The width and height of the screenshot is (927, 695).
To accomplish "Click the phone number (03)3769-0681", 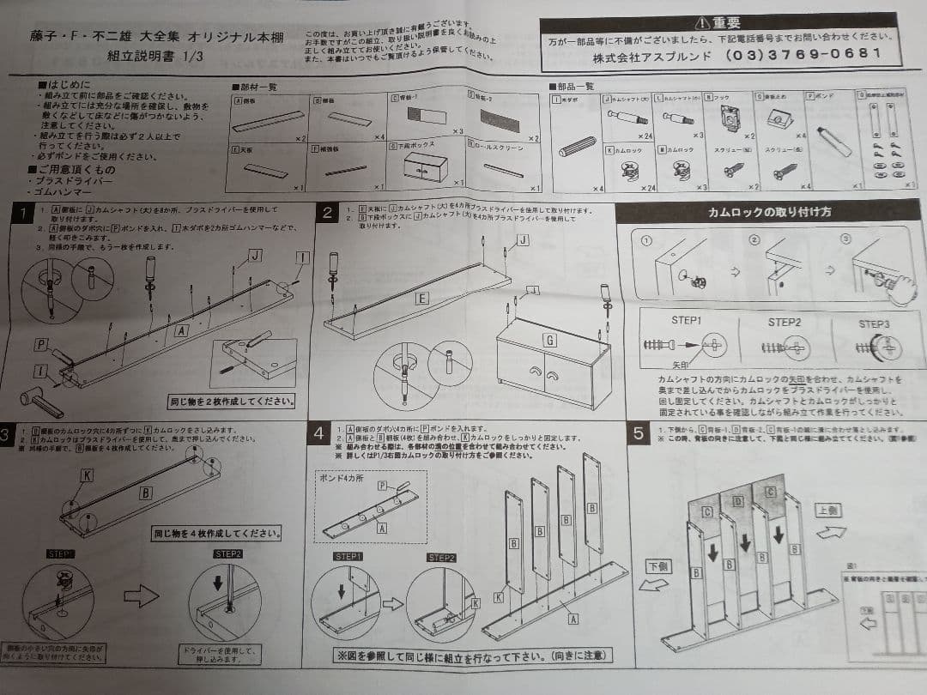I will point(803,53).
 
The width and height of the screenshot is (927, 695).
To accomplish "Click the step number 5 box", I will point(639,433).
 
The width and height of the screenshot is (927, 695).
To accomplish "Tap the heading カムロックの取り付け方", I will point(768,212).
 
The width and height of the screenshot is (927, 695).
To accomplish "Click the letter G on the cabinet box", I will point(549,341).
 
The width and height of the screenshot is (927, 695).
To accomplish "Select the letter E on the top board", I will point(421,299).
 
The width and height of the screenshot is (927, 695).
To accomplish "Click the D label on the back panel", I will point(737,500).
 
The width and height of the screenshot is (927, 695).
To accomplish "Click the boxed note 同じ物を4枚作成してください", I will point(216,533).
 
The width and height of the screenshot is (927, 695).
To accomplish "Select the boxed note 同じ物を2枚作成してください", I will point(231,401).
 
